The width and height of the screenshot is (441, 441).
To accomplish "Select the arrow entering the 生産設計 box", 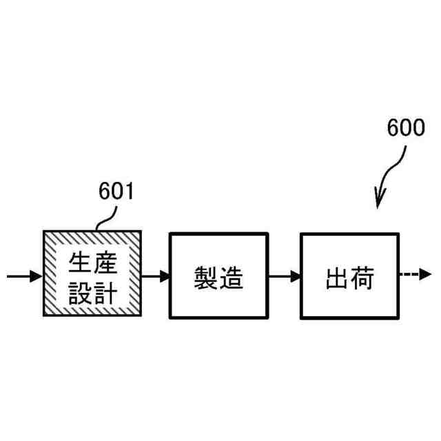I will coord(25,277).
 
